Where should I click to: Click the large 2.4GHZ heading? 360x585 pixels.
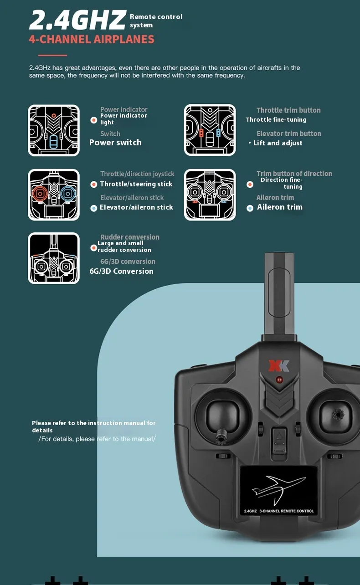pyautogui.click(x=77, y=21)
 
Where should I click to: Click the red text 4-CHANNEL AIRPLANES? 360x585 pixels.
pyautogui.click(x=92, y=39)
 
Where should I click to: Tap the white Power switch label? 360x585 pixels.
pyautogui.click(x=115, y=143)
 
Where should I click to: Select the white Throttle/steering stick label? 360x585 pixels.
pyautogui.click(x=136, y=184)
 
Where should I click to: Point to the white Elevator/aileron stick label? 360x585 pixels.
pyautogui.click(x=136, y=207)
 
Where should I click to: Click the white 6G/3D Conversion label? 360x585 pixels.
pyautogui.click(x=121, y=271)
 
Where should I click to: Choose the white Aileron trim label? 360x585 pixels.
pyautogui.click(x=279, y=207)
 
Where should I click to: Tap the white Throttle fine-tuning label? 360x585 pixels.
pyautogui.click(x=276, y=120)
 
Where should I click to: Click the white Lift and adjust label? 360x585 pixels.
pyautogui.click(x=278, y=143)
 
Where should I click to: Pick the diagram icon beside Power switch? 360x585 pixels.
pyautogui.click(x=54, y=130)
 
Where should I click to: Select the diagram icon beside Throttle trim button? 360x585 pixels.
pyautogui.click(x=210, y=130)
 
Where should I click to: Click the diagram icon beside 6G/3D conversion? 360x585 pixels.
pyautogui.click(x=54, y=258)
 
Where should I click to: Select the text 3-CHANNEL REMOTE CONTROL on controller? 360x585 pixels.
pyautogui.click(x=286, y=511)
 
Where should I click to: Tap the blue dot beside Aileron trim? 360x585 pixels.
pyautogui.click(x=250, y=208)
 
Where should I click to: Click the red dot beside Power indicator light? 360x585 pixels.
pyautogui.click(x=93, y=120)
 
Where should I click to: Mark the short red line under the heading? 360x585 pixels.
pyautogui.click(x=53, y=56)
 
